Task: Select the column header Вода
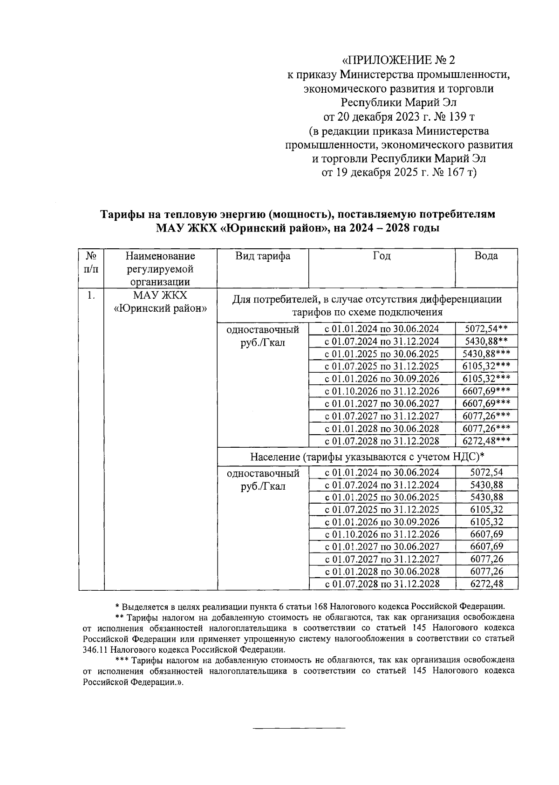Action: click(x=485, y=256)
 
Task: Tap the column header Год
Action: click(x=382, y=256)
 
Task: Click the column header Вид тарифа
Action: click(x=262, y=256)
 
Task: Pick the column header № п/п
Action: click(x=91, y=262)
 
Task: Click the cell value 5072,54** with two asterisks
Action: click(x=486, y=329)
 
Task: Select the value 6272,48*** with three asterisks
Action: click(x=486, y=441)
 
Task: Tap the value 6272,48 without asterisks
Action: click(x=486, y=584)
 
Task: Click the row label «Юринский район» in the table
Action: click(x=161, y=308)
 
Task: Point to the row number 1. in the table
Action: click(x=91, y=295)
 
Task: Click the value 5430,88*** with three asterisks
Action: click(x=486, y=354)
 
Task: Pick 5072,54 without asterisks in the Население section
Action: click(x=486, y=472)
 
